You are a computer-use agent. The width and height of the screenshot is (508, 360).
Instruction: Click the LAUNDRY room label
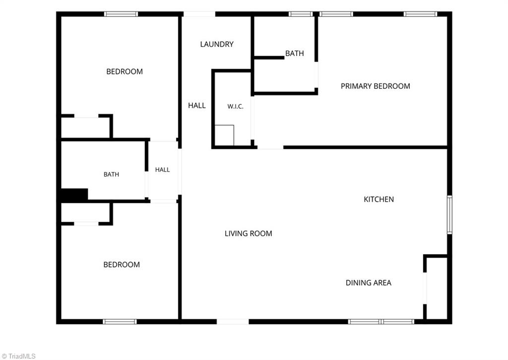click(217, 44)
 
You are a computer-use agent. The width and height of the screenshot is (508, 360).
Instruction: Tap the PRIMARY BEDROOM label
click(375, 86)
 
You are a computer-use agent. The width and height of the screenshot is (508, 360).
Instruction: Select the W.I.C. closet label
click(235, 106)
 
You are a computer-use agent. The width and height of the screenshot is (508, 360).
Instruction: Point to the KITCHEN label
click(379, 199)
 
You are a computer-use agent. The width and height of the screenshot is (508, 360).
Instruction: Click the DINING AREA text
click(369, 283)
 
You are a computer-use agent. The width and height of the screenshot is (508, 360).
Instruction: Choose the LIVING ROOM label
click(249, 233)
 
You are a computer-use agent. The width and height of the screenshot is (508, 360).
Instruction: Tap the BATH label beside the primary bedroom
click(295, 53)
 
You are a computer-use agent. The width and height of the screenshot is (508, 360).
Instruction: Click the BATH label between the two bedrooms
click(111, 174)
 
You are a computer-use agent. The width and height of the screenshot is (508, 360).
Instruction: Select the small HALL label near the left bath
click(162, 170)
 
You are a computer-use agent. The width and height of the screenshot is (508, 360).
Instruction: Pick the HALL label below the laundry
click(196, 105)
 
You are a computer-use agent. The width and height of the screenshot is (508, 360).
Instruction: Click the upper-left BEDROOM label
click(125, 72)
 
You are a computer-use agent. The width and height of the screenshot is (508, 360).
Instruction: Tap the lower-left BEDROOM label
click(122, 265)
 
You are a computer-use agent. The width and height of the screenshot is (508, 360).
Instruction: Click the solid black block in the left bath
click(74, 194)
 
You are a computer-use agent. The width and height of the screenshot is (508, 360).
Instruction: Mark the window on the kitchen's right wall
click(449, 215)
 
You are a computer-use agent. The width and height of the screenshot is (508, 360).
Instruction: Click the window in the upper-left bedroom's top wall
click(121, 14)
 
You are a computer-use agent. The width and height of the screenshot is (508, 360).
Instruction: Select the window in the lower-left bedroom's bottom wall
click(120, 321)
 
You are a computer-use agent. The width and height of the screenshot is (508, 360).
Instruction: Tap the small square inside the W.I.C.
click(224, 135)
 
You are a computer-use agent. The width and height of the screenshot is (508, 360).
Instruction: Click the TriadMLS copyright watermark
click(18, 356)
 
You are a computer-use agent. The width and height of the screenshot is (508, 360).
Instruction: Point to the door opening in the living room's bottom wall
click(233, 321)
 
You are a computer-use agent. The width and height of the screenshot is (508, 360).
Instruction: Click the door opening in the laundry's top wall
click(199, 14)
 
